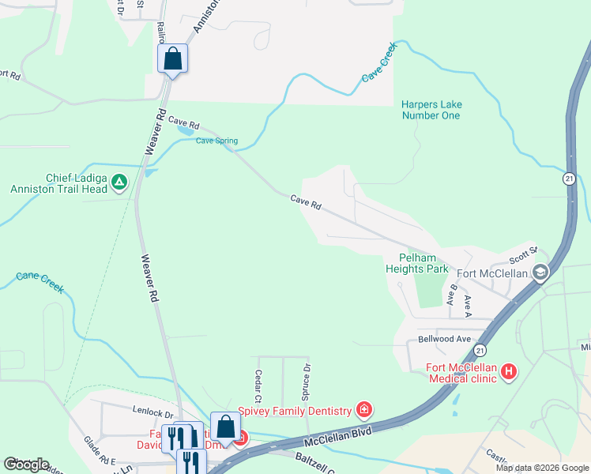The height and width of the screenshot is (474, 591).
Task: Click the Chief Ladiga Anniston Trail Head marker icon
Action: click(119, 182)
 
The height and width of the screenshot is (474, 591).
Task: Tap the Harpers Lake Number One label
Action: click(431, 110)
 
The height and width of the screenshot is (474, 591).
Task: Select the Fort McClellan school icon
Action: click(540, 273)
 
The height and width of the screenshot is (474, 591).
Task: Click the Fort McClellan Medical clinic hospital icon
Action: click(510, 371)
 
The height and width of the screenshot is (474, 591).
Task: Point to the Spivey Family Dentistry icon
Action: click(364, 409)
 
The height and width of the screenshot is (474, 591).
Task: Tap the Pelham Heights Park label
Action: click(416, 263)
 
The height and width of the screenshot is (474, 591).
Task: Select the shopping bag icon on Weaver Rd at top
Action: click(172, 58)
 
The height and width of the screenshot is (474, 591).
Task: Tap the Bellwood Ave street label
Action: click(444, 339)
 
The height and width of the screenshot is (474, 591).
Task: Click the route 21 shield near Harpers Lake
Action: click(569, 179)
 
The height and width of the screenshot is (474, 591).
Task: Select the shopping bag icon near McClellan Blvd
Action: click(225, 427)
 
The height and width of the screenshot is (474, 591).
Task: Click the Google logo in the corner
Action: click(26, 465)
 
